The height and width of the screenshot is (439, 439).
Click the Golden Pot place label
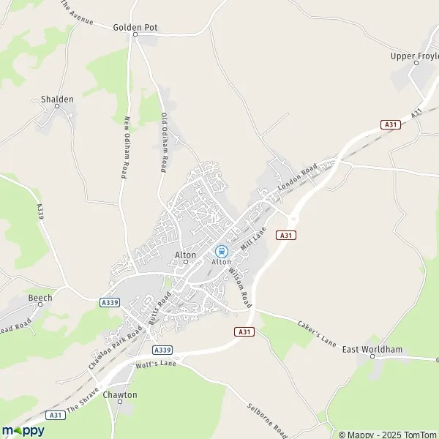135,27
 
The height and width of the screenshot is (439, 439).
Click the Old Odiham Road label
165,143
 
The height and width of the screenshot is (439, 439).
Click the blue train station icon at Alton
221,250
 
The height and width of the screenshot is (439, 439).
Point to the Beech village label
40,298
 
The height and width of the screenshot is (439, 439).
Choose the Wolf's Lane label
157,364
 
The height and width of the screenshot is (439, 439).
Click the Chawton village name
120,394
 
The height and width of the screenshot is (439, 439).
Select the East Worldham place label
372,350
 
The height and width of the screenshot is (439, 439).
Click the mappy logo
23,430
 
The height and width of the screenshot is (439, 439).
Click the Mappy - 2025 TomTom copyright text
387,434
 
